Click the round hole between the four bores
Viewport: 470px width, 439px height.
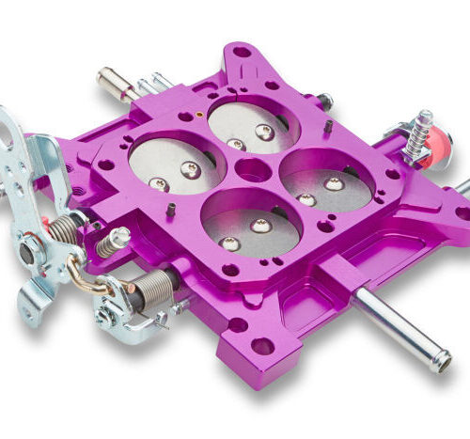click(x=250, y=171)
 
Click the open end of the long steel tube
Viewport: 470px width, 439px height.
click(x=441, y=361)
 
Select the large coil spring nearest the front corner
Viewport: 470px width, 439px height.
click(x=151, y=286)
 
